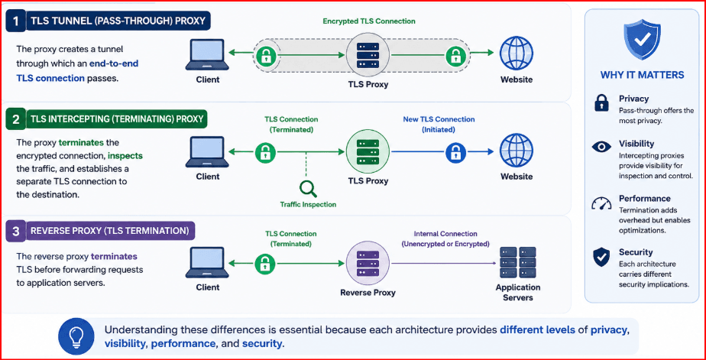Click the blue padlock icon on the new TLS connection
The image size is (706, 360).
pyautogui.click(x=455, y=152)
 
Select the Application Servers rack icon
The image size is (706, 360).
pyautogui.click(x=518, y=262)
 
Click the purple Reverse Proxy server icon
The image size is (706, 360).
pyautogui.click(x=368, y=262)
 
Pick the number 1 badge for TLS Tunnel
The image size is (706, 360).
pyautogui.click(x=16, y=21)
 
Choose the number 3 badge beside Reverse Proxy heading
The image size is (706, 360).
pyautogui.click(x=16, y=232)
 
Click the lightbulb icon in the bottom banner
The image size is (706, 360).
pyautogui.click(x=76, y=336)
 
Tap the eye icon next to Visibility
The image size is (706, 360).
pyautogui.click(x=601, y=147)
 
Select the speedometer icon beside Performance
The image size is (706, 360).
pyautogui.click(x=601, y=203)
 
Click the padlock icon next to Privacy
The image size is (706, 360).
pyautogui.click(x=601, y=102)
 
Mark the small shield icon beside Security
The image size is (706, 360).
pyautogui.click(x=601, y=257)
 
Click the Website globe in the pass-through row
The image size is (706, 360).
pyautogui.click(x=517, y=53)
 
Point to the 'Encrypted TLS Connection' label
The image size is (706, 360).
pyautogui.click(x=369, y=21)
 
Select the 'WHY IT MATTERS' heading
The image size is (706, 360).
pyautogui.click(x=642, y=75)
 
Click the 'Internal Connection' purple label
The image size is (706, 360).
pyautogui.click(x=445, y=234)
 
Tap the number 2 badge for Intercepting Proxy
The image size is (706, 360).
pyautogui.click(x=16, y=119)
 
